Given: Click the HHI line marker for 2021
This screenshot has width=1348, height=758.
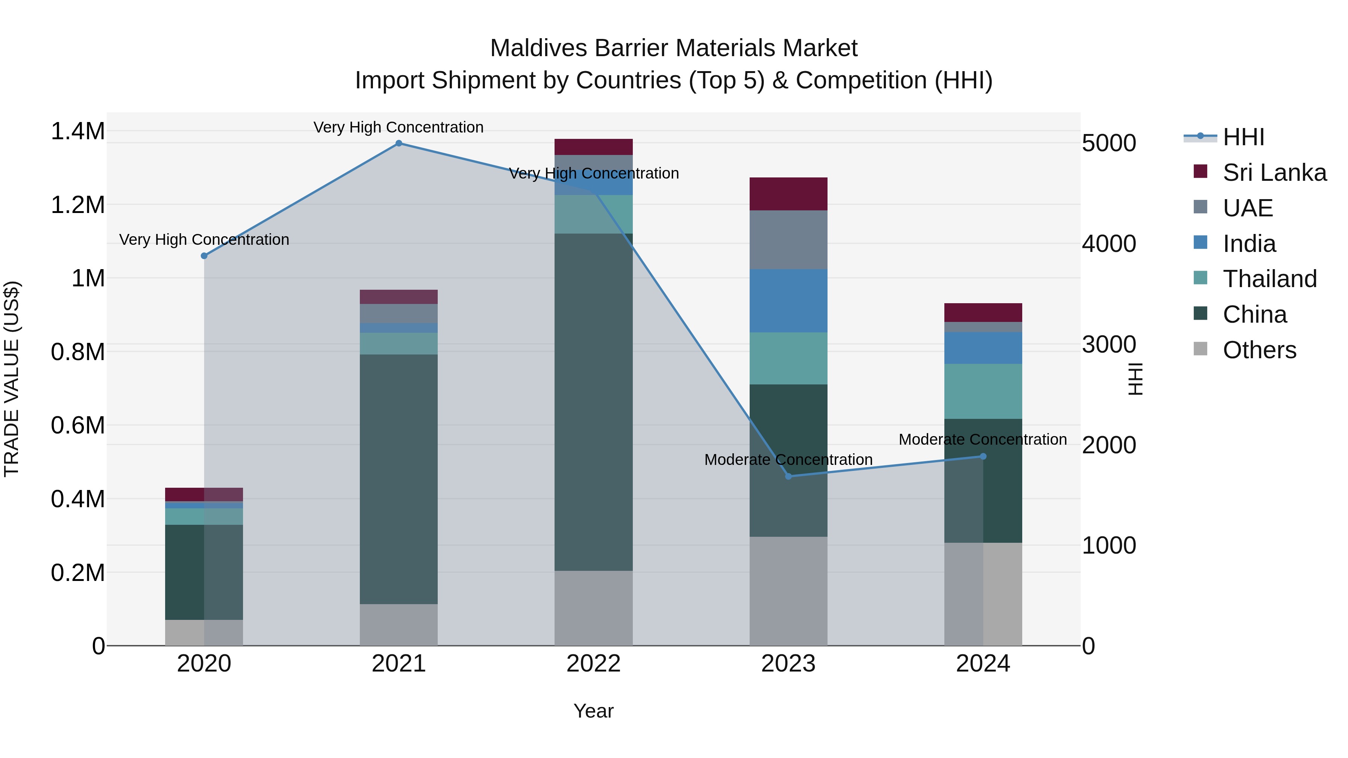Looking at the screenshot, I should pyautogui.click(x=399, y=143).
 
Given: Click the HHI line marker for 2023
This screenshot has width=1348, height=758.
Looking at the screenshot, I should pyautogui.click(x=789, y=476).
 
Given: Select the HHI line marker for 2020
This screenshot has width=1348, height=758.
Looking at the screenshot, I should pyautogui.click(x=204, y=256).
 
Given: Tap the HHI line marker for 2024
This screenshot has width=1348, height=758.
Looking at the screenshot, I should pyautogui.click(x=983, y=456).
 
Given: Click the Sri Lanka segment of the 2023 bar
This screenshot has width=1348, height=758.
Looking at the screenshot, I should pyautogui.click(x=788, y=194).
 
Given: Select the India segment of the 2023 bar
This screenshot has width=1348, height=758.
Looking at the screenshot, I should pyautogui.click(x=788, y=301).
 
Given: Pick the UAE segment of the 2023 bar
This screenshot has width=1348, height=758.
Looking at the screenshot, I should pyautogui.click(x=788, y=240).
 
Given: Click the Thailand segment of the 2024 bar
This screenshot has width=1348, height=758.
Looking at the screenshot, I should pyautogui.click(x=983, y=391).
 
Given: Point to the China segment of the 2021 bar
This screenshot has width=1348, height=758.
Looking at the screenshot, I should pyautogui.click(x=399, y=479).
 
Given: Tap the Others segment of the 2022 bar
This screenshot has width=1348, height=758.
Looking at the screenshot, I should pyautogui.click(x=593, y=608).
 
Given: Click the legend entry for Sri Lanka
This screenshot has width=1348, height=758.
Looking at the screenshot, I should pyautogui.click(x=1274, y=173).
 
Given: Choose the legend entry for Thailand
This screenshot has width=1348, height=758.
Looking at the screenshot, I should pyautogui.click(x=1269, y=279).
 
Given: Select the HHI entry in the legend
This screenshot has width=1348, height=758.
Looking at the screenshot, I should pyautogui.click(x=1243, y=137).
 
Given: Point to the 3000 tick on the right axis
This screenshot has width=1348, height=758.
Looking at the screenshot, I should pyautogui.click(x=1109, y=344).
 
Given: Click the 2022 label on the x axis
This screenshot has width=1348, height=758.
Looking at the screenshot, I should pyautogui.click(x=593, y=664).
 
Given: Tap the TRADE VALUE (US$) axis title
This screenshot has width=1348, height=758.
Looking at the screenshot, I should pyautogui.click(x=12, y=379).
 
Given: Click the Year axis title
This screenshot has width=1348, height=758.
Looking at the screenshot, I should pyautogui.click(x=593, y=711).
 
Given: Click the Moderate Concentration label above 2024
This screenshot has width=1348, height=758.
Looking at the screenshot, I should pyautogui.click(x=983, y=439).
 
